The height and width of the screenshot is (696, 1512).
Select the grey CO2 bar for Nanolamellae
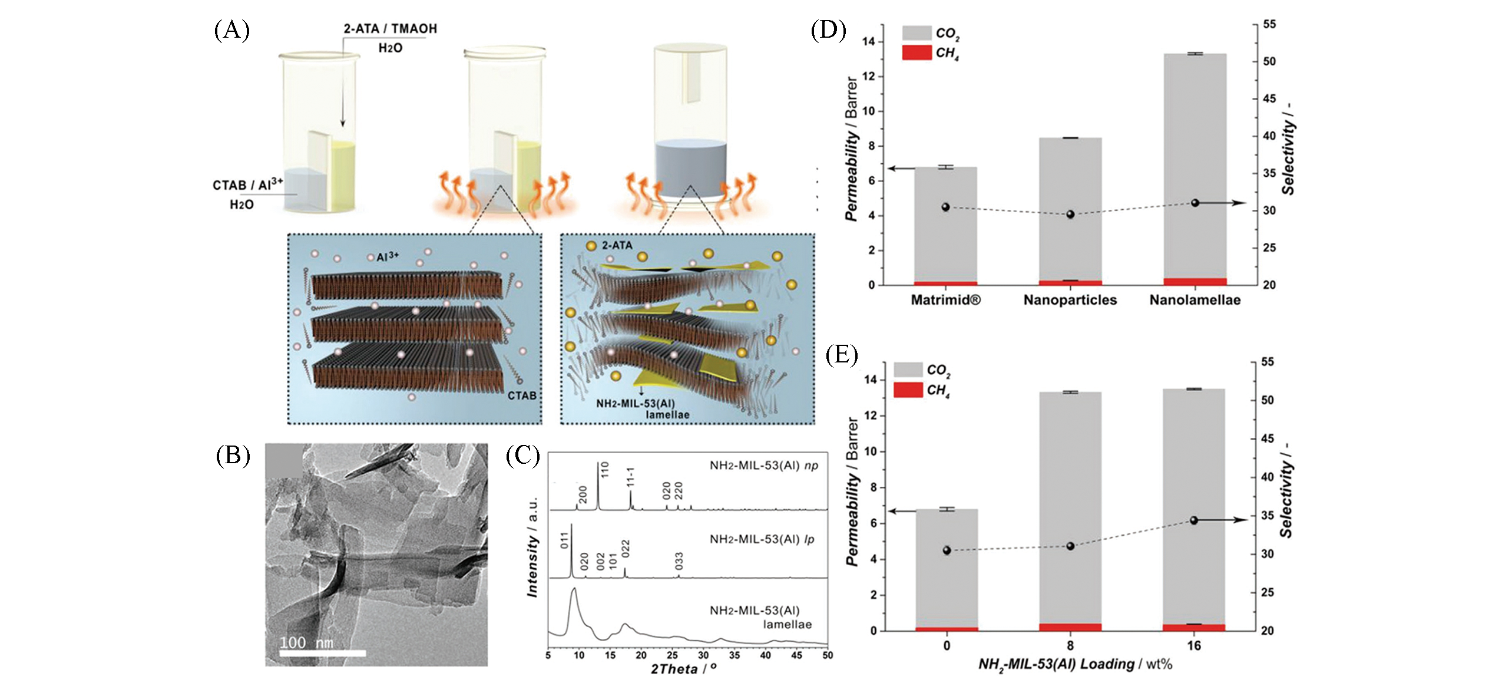point(1195,165)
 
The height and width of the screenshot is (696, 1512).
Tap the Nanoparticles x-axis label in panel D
point(1070,300)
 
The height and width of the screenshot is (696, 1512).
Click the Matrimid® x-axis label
point(945,300)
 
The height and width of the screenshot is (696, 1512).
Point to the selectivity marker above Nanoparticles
point(1070,215)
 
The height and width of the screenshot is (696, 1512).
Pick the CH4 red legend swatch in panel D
point(917,52)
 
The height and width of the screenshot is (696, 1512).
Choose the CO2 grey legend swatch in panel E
point(908,370)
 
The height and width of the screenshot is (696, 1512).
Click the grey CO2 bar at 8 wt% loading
point(1070,507)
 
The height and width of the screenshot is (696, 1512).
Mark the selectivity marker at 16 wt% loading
point(1194,520)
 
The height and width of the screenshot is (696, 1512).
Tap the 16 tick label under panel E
point(1194,646)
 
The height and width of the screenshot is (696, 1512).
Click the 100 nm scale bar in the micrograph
point(322,652)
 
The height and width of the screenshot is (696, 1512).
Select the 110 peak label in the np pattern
point(605,470)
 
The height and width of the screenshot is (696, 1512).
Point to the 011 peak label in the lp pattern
point(565,540)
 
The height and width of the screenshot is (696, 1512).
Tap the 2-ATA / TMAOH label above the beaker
point(390,29)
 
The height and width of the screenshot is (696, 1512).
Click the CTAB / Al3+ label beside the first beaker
point(247,185)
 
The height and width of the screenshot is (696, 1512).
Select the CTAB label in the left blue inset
point(522,395)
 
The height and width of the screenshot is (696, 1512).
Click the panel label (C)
point(522,456)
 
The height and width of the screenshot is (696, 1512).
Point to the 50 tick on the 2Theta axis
point(827,655)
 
